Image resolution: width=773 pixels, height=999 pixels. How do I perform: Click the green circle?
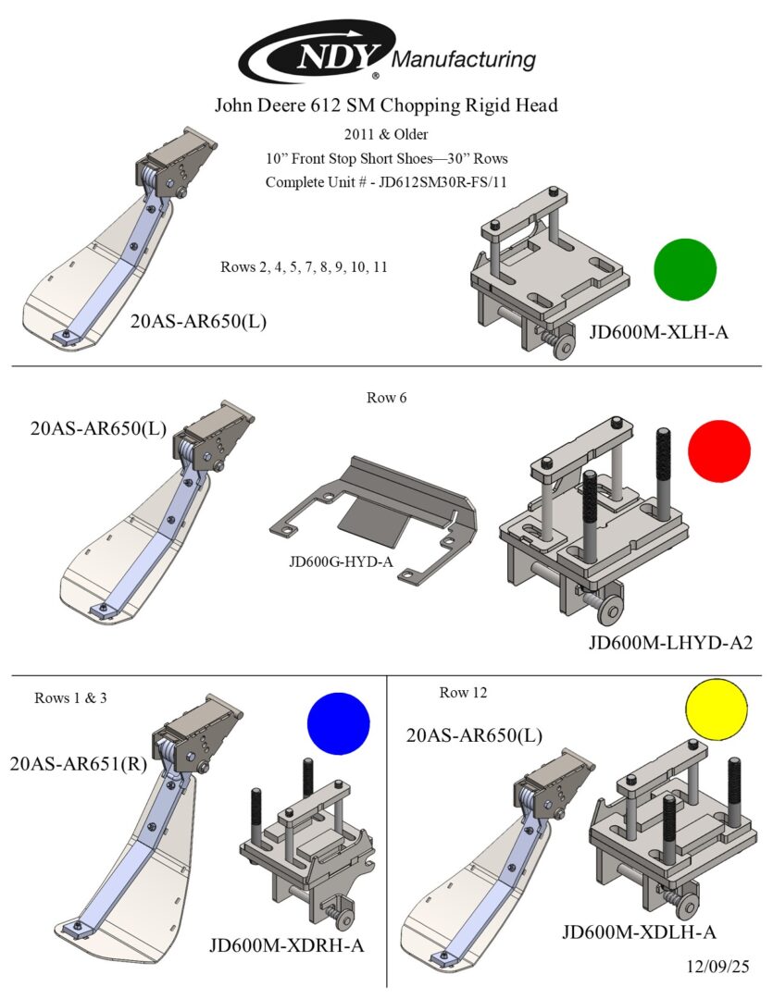click(x=685, y=269)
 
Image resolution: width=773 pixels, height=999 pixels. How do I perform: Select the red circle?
click(x=719, y=451)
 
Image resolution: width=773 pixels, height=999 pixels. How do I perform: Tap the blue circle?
click(x=338, y=723)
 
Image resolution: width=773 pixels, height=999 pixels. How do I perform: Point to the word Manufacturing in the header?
click(x=465, y=60)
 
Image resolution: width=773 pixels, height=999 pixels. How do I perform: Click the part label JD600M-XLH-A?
click(x=658, y=330)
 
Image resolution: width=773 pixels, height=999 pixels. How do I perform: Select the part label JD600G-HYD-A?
click(x=340, y=561)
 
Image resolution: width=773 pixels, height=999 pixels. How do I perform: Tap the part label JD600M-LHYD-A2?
click(x=669, y=642)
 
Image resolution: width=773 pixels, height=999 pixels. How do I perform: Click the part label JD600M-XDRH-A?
click(x=287, y=946)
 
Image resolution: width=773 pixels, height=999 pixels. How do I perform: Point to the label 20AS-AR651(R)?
click(x=80, y=764)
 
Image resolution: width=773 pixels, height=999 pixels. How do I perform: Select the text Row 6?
click(x=387, y=399)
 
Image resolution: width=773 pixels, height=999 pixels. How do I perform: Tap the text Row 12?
click(x=463, y=692)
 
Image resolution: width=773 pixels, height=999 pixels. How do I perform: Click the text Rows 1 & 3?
click(x=71, y=697)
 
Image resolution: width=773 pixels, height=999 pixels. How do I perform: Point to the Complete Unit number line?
click(x=386, y=181)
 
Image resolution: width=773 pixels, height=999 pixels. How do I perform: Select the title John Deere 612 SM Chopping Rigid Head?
click(x=386, y=105)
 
